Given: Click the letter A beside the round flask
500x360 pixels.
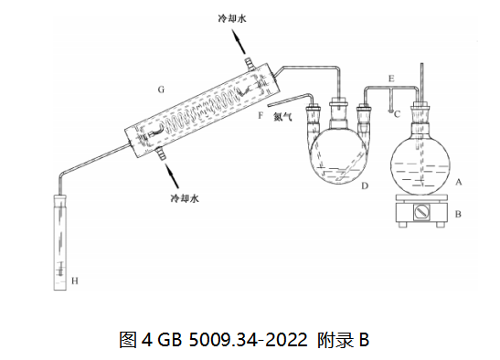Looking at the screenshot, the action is click(459, 182).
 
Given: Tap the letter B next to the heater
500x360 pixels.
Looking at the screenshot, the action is click(458, 214).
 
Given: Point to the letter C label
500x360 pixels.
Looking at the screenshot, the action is click(397, 114).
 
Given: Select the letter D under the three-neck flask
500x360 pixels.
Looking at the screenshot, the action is click(365, 185).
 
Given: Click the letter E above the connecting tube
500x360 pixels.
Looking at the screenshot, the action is click(391, 79).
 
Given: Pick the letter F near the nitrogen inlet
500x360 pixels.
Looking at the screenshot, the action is click(261, 115).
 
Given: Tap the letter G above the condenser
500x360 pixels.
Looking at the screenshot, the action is click(161, 90).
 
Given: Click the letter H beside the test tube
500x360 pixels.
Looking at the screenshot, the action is click(75, 281).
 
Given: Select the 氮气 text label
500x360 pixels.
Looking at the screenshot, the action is click(282, 117).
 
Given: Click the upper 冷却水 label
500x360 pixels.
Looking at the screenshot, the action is click(232, 18).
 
